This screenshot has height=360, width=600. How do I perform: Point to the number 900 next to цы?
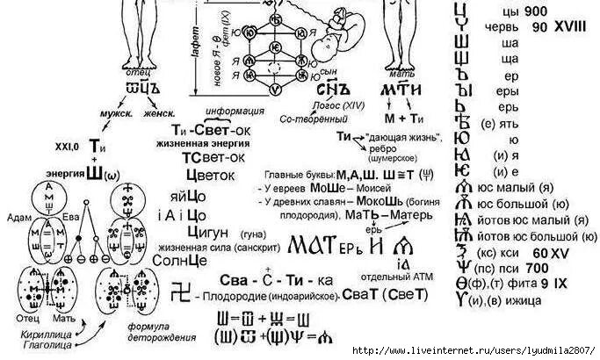coord(537,11)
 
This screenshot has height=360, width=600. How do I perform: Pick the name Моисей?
coord(372,187)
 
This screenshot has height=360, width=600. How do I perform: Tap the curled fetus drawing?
coord(344,35)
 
